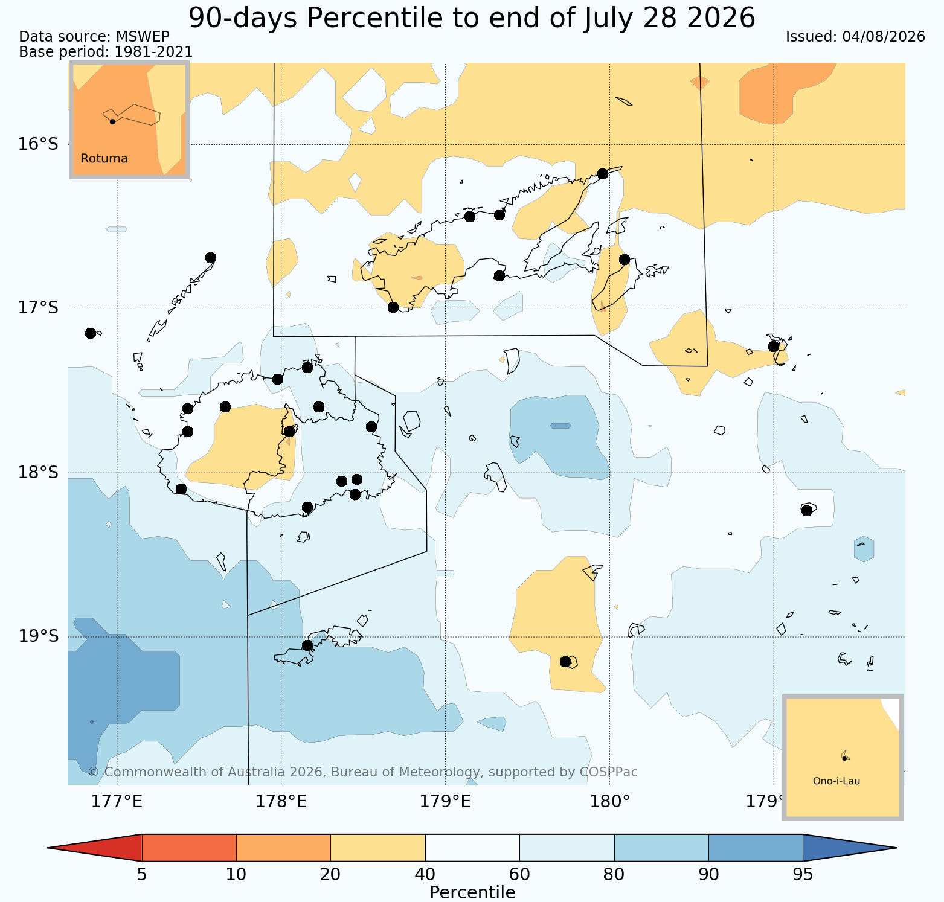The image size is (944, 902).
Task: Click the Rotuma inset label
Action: click(x=104, y=159)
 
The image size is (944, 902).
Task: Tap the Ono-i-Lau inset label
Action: click(x=836, y=781)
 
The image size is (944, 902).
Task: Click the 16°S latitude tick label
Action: click(x=38, y=144)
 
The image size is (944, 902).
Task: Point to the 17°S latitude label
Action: click(x=38, y=308)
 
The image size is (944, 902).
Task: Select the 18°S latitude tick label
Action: click(x=38, y=472)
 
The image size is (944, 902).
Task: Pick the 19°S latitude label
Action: click(x=38, y=636)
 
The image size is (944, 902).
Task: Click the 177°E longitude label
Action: click(x=117, y=802)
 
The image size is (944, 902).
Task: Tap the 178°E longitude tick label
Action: click(x=281, y=802)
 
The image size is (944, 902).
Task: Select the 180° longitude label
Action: click(x=609, y=802)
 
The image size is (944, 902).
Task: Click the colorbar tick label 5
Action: click(x=142, y=874)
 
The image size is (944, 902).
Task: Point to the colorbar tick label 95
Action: click(x=803, y=874)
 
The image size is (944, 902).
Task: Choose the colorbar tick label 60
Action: click(x=519, y=874)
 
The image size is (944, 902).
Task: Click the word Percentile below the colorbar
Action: click(x=472, y=892)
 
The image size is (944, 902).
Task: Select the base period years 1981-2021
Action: click(x=153, y=53)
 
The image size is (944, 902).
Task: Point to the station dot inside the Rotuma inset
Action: click(x=112, y=121)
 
